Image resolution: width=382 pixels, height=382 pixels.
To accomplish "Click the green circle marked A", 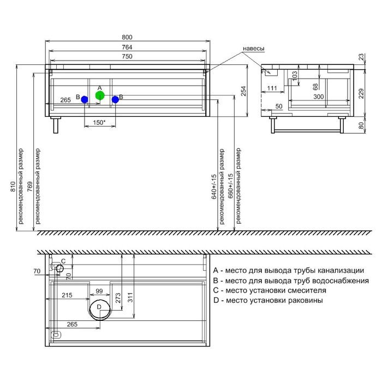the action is (x=100, y=95).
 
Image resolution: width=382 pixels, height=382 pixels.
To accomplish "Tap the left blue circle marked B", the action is (x=85, y=99).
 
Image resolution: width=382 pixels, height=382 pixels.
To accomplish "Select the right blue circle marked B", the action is (x=115, y=99).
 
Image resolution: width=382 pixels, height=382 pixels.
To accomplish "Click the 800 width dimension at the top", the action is (x=127, y=37).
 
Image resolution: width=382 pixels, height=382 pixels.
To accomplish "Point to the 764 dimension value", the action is (x=127, y=47).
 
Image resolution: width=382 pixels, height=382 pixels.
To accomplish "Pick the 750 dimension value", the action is (x=127, y=57).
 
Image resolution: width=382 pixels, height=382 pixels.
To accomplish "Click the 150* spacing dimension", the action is (x=99, y=123).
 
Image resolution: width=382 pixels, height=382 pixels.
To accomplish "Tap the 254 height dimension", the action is (x=243, y=91).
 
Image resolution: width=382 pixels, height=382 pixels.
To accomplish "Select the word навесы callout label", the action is (x=253, y=49).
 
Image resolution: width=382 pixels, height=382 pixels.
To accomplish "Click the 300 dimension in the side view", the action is (x=318, y=97).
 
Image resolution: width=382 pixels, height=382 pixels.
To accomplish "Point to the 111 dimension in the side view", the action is (x=272, y=88).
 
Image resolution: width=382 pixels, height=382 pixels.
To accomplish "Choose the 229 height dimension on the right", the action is (x=361, y=93).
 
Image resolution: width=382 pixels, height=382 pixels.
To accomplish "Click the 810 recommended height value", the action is (x=13, y=187).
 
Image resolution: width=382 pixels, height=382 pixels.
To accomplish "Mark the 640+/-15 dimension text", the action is (x=214, y=187).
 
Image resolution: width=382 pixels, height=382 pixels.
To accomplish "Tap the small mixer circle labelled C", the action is (x=59, y=268).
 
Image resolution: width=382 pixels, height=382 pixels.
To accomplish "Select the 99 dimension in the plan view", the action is (x=99, y=291).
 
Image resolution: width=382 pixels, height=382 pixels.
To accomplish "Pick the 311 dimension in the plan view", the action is (x=130, y=297).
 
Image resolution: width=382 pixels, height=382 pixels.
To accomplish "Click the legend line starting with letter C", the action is (x=270, y=290).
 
